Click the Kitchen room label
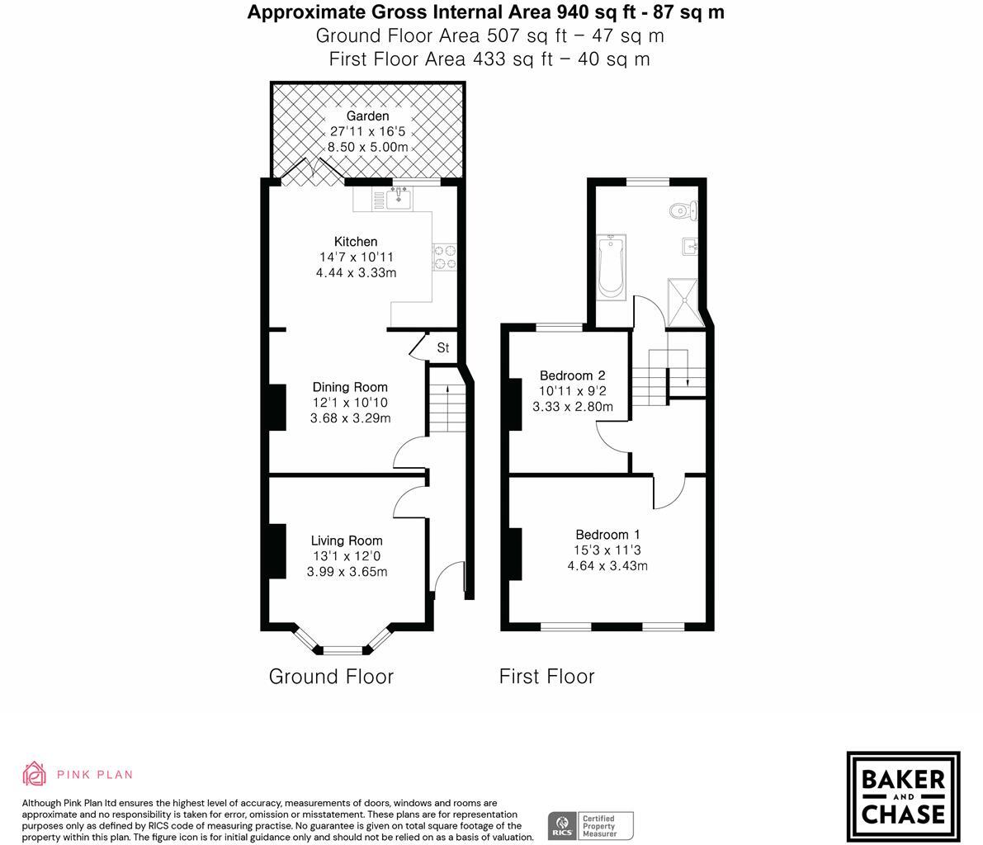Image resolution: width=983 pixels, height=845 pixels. [356, 242]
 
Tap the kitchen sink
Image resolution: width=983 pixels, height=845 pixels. [399, 198]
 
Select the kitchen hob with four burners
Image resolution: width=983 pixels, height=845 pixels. [445, 257]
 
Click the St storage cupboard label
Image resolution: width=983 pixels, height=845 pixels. [442, 348]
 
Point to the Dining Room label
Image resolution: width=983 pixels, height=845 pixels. [350, 387]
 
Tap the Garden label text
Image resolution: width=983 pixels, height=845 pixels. [367, 116]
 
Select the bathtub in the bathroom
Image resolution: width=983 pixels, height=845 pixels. [611, 266]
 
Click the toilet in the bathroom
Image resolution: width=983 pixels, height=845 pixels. [684, 210]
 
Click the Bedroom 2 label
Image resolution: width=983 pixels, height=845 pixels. [573, 375]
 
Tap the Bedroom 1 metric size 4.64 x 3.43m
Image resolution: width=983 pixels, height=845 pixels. [607, 565]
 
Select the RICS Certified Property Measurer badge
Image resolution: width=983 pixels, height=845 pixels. [591, 825]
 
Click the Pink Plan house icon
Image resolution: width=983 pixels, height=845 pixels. [34, 774]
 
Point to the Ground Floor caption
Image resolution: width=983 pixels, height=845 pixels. [331, 677]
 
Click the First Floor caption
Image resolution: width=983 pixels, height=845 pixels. [546, 677]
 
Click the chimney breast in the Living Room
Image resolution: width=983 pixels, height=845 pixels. [276, 550]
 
